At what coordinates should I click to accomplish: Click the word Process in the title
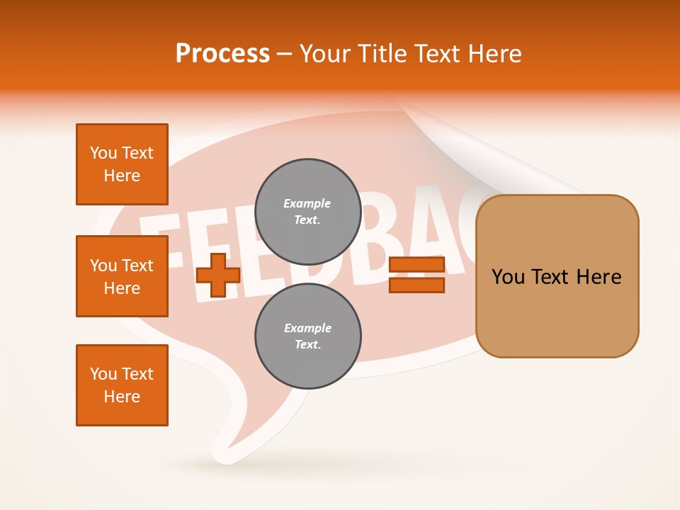(222, 54)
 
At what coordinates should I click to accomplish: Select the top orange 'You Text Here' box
(122, 164)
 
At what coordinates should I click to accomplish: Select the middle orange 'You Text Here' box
(122, 276)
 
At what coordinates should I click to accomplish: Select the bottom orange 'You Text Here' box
(122, 385)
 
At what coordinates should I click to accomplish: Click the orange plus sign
(218, 276)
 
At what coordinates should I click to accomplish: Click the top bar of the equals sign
(416, 265)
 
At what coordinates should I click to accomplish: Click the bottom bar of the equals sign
(416, 285)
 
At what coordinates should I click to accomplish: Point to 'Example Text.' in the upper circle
(307, 211)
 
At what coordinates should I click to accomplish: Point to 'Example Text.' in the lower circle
(307, 336)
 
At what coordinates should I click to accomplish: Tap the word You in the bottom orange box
(103, 374)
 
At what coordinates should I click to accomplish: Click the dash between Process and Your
(285, 54)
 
